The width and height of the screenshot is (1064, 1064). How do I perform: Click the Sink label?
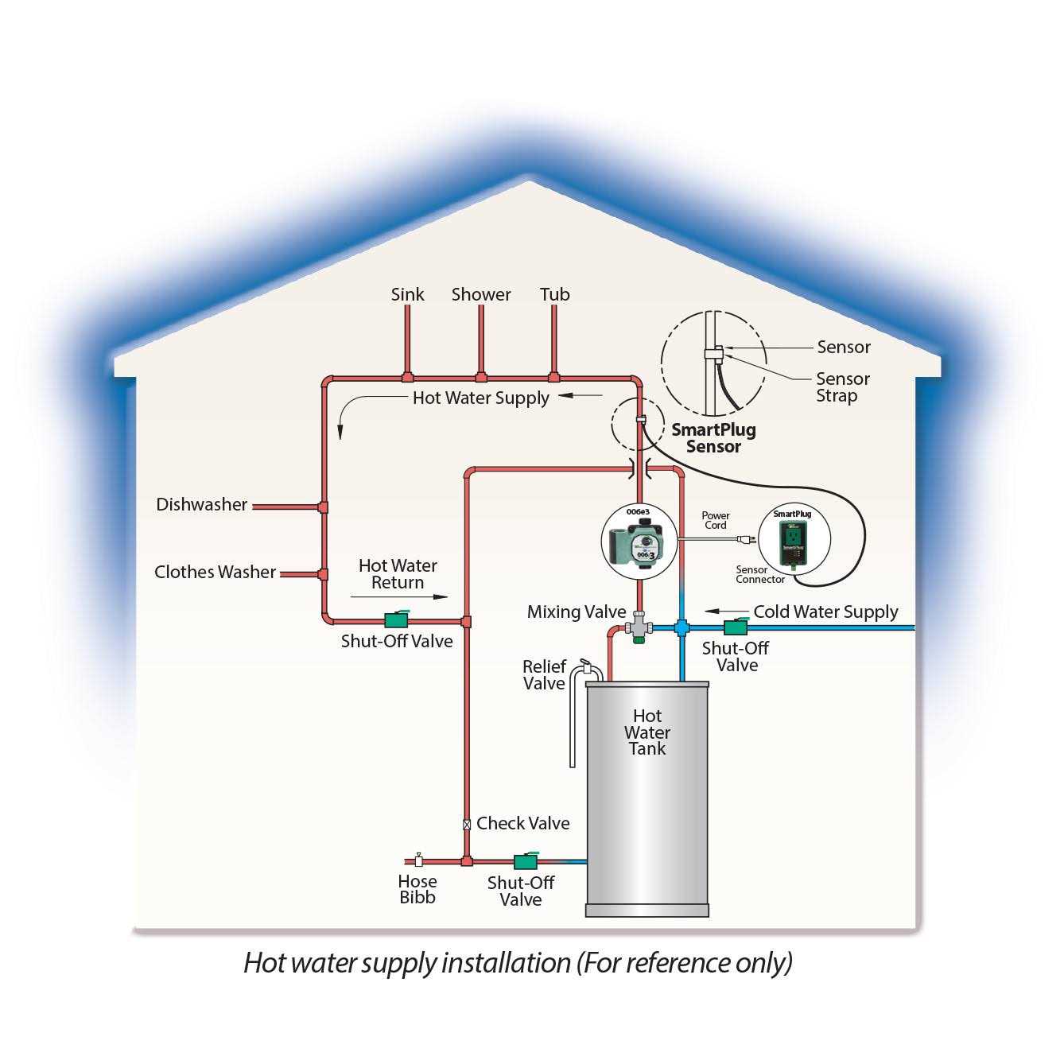tap(407, 295)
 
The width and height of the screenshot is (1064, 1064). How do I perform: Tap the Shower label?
tap(481, 295)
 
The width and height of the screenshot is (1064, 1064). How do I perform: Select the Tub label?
tap(554, 295)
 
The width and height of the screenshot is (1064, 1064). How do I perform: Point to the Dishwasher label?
tap(202, 505)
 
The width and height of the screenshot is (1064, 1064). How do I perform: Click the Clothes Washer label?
tap(215, 573)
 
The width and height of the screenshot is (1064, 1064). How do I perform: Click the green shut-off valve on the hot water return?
tap(395, 619)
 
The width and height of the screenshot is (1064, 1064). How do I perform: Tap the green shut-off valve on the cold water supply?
tap(736, 626)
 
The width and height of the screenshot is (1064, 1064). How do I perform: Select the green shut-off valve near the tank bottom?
tap(525, 860)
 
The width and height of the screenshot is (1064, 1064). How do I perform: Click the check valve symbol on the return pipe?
tap(467, 825)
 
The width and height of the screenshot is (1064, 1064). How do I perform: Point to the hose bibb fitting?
tap(418, 860)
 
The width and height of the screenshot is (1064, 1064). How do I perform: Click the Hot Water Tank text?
tap(647, 732)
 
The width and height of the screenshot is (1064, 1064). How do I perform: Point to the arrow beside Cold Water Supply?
tap(722, 612)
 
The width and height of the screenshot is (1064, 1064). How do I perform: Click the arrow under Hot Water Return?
tap(398, 596)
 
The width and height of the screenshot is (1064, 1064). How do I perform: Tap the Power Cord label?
tap(716, 521)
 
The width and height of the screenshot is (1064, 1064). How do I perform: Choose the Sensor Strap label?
tap(842, 387)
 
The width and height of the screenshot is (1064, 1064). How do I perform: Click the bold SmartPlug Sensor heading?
tap(713, 438)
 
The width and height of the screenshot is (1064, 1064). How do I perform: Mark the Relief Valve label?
tap(544, 675)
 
